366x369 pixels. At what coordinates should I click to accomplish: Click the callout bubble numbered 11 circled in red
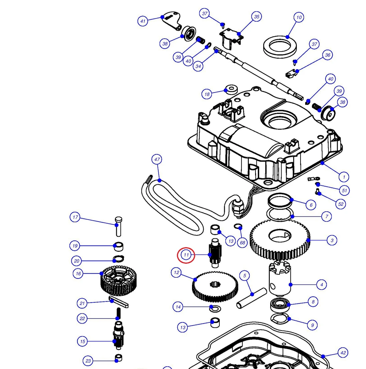186,255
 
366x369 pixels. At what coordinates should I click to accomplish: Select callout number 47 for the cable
157,159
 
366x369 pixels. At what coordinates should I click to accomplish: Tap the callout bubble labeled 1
344,177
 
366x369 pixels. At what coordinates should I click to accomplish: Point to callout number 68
243,243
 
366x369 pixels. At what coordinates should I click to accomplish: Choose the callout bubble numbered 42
343,353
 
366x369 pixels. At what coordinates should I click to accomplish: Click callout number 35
256,16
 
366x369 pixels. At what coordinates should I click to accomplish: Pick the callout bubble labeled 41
143,21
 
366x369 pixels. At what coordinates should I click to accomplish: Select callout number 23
88,361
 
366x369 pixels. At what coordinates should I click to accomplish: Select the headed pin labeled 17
118,226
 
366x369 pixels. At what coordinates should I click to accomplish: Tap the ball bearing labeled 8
279,305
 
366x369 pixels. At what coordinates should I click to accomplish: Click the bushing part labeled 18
230,90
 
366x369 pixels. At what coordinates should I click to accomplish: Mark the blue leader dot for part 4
291,285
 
